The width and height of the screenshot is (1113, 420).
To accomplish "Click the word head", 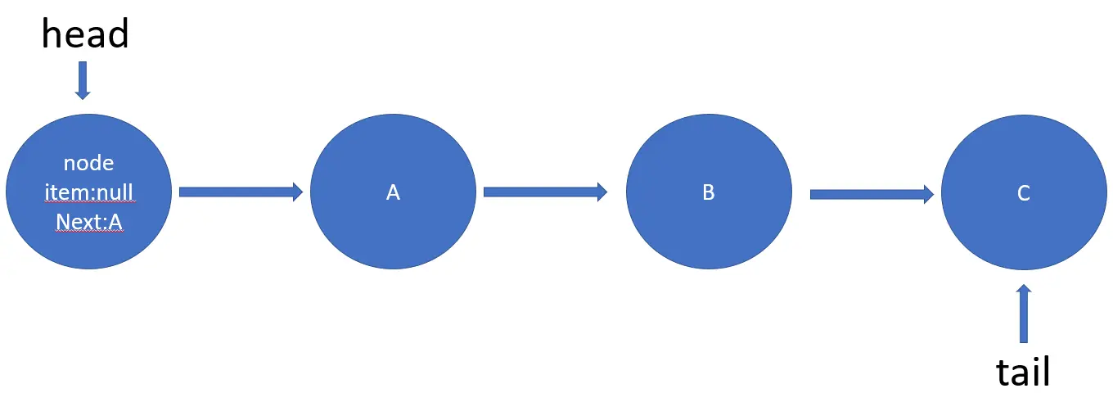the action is (x=85, y=34).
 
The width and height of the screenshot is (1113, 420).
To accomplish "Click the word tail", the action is (x=1022, y=373).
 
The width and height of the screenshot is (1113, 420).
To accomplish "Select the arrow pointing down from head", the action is (x=82, y=80).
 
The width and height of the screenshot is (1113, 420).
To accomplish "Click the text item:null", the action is (x=88, y=192).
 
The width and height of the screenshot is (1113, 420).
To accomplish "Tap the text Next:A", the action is (x=88, y=222).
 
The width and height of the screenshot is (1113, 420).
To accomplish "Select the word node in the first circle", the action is (x=88, y=163).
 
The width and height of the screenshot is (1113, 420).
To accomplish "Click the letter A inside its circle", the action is (x=393, y=192).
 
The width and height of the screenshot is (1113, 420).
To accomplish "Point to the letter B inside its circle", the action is (x=709, y=192).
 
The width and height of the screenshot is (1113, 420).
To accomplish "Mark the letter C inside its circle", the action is (x=1023, y=192).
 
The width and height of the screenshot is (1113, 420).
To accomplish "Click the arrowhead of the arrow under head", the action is (x=82, y=94).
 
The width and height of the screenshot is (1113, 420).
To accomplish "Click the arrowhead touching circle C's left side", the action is (x=928, y=194).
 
